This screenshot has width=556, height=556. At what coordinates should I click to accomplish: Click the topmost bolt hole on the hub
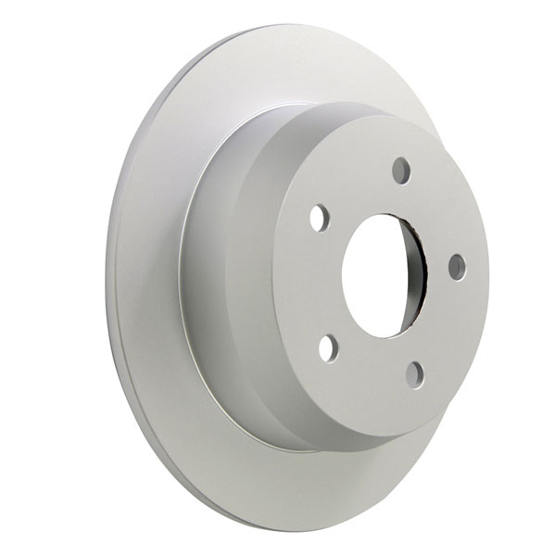tap(400, 171)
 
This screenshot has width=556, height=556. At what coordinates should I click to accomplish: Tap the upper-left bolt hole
tap(319, 218)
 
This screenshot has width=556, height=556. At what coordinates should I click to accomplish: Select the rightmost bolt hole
tap(457, 267)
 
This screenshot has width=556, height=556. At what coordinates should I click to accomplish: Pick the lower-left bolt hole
tap(328, 347)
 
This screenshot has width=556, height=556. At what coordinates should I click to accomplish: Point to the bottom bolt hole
tap(415, 374)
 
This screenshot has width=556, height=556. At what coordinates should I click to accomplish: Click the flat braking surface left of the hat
tap(148, 278)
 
